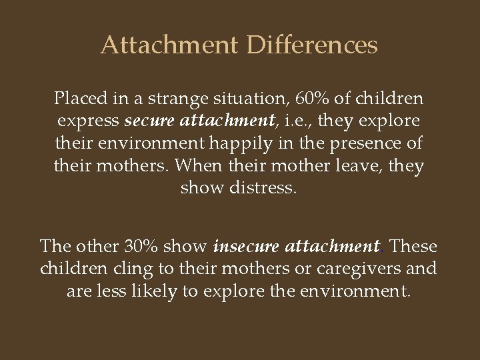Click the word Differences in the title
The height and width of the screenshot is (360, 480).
click(x=312, y=46)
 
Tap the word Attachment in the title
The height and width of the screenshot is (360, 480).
click(x=169, y=46)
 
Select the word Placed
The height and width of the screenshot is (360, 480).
click(x=77, y=99)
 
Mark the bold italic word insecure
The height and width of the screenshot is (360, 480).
click(x=247, y=247)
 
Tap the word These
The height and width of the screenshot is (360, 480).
click(x=413, y=247)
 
